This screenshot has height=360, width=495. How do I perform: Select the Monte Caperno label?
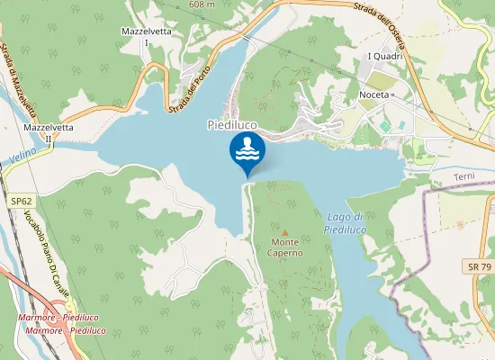click(x=285, y=247)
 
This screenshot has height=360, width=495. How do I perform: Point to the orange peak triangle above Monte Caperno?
click(x=285, y=232)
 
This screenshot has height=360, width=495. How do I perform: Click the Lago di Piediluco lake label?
click(x=344, y=223)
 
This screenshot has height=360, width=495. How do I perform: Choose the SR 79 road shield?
click(x=479, y=266)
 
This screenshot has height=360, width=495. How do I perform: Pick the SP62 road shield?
click(x=21, y=203)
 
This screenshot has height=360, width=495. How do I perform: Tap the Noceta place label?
click(x=373, y=94)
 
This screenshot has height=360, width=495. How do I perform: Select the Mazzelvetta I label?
click(x=146, y=36)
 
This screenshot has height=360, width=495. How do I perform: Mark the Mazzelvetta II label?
click(x=49, y=133)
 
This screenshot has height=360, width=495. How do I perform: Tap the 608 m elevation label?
click(x=203, y=4)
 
